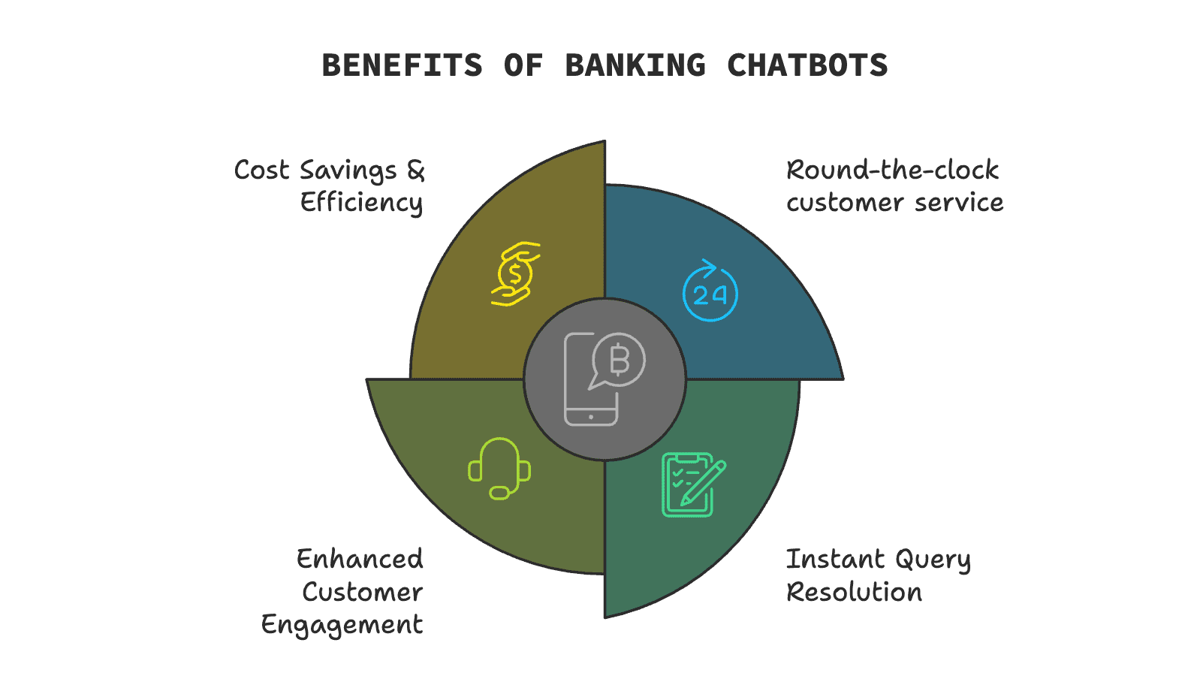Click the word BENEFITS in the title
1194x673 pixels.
[402, 66]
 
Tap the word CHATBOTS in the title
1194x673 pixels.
[807, 66]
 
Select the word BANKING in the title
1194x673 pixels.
[635, 66]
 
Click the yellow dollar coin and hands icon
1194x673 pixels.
[515, 273]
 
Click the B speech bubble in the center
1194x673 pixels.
[618, 361]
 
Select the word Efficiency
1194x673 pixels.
[361, 203]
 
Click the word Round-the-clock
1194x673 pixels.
[892, 171]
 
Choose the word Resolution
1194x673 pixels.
[854, 593]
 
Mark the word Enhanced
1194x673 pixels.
[360, 560]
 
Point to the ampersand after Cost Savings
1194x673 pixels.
[416, 171]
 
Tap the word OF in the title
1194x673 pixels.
[523, 66]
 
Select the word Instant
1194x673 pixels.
[835, 560]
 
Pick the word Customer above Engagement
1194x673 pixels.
[362, 593]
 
